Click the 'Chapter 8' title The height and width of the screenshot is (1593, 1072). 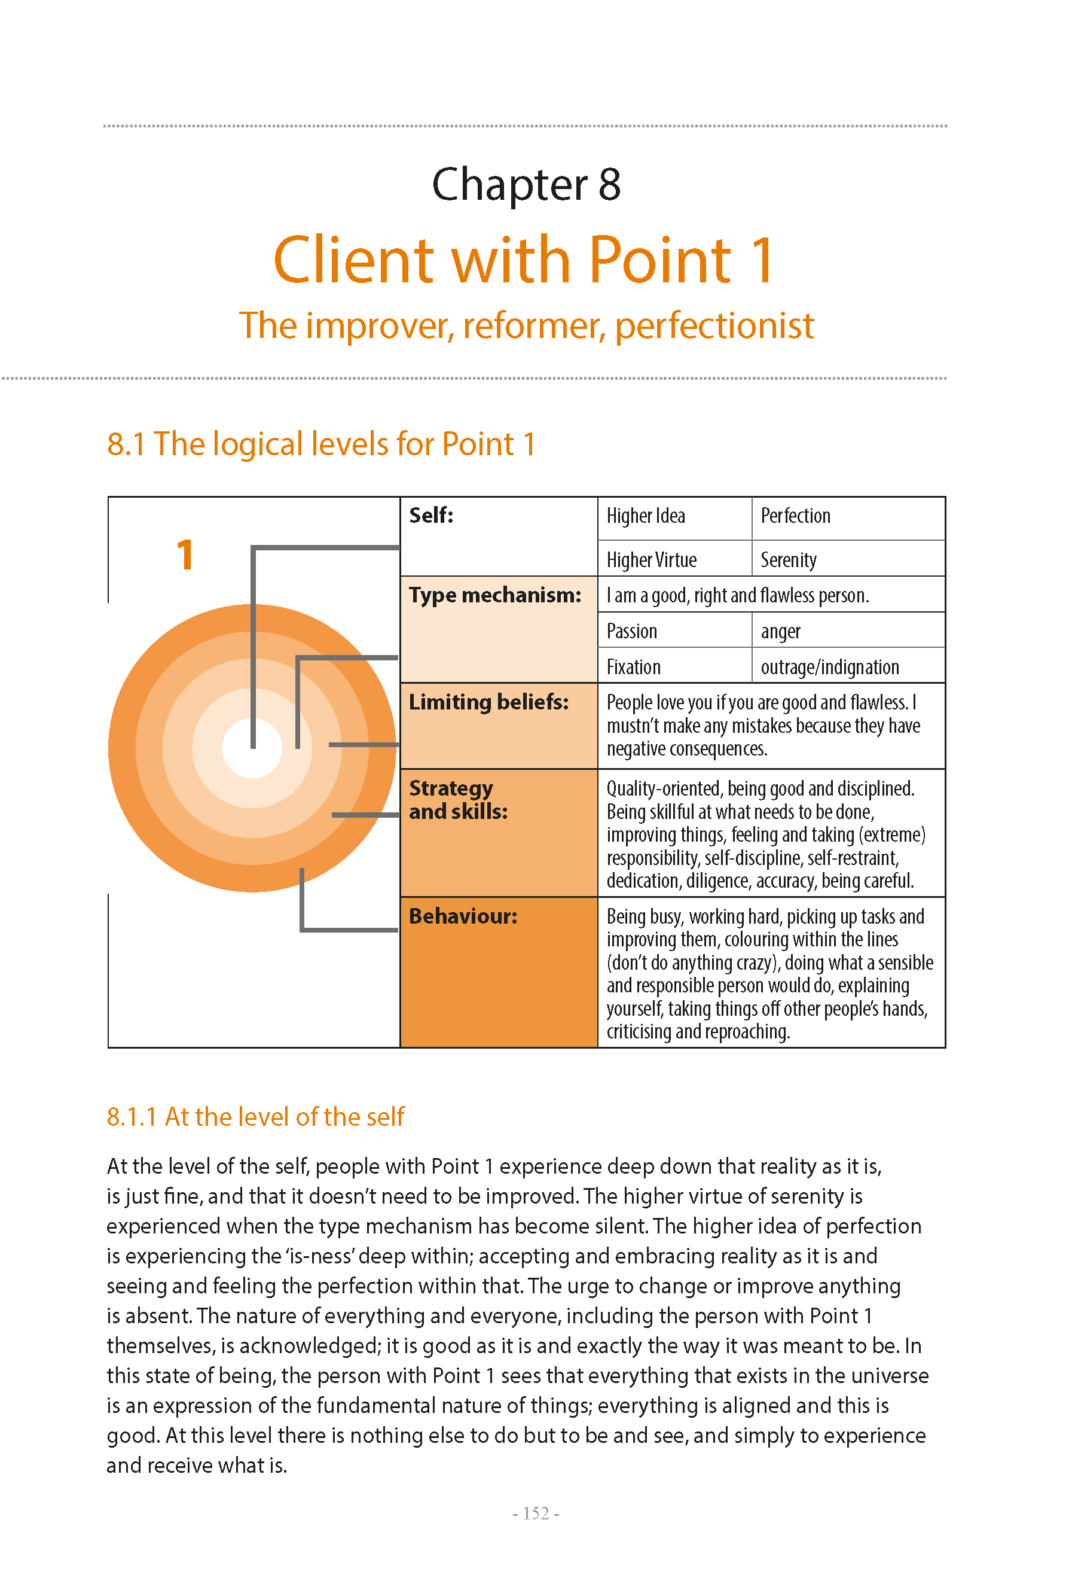(x=526, y=185)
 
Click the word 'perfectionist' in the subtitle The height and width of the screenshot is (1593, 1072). (x=714, y=325)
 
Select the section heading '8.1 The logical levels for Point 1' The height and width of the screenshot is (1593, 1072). (x=320, y=444)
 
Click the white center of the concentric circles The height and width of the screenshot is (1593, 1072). (x=252, y=748)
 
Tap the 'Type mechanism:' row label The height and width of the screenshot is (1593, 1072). (x=495, y=595)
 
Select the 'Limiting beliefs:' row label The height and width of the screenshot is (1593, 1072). (x=489, y=702)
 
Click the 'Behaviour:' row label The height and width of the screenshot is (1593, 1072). (x=463, y=916)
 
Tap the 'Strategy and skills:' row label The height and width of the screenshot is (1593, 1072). (x=458, y=800)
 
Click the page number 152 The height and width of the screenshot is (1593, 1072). (x=536, y=1513)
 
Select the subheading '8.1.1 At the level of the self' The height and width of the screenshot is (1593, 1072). (x=256, y=1117)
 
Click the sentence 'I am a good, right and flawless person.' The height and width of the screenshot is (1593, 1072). (x=738, y=596)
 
